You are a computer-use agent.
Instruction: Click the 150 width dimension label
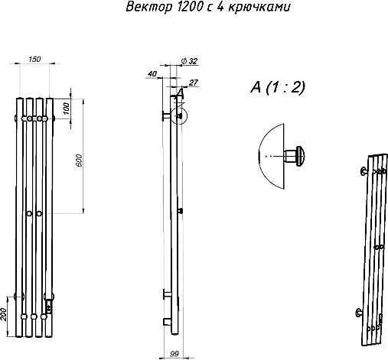click(x=34, y=60)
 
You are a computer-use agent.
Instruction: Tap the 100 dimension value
click(x=66, y=109)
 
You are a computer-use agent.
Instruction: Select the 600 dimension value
click(x=79, y=161)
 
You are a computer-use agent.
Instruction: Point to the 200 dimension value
click(x=3, y=314)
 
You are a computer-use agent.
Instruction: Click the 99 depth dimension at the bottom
click(x=174, y=354)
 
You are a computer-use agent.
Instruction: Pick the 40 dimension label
click(x=152, y=74)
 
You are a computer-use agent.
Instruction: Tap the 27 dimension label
click(x=194, y=83)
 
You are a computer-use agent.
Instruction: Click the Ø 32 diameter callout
click(x=189, y=61)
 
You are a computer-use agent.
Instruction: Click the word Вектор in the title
click(x=149, y=7)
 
